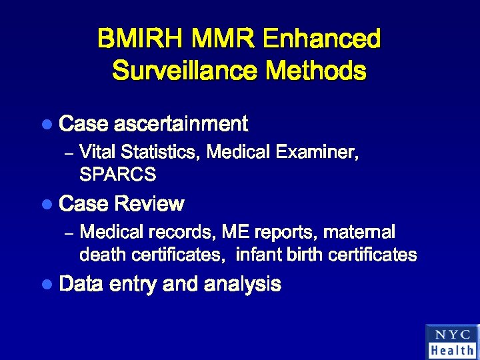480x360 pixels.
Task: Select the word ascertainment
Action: click(181, 124)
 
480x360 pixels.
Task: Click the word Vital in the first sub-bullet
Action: click(97, 153)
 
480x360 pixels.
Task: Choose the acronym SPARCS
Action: click(117, 175)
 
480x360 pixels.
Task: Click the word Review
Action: click(149, 204)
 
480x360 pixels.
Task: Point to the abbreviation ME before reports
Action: click(235, 232)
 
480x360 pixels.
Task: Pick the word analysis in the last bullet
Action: click(243, 285)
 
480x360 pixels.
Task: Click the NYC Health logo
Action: click(451, 341)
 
